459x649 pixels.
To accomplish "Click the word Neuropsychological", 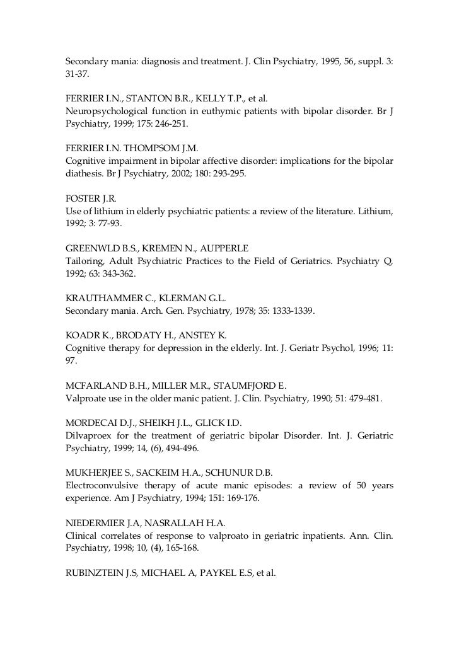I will [106, 112].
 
